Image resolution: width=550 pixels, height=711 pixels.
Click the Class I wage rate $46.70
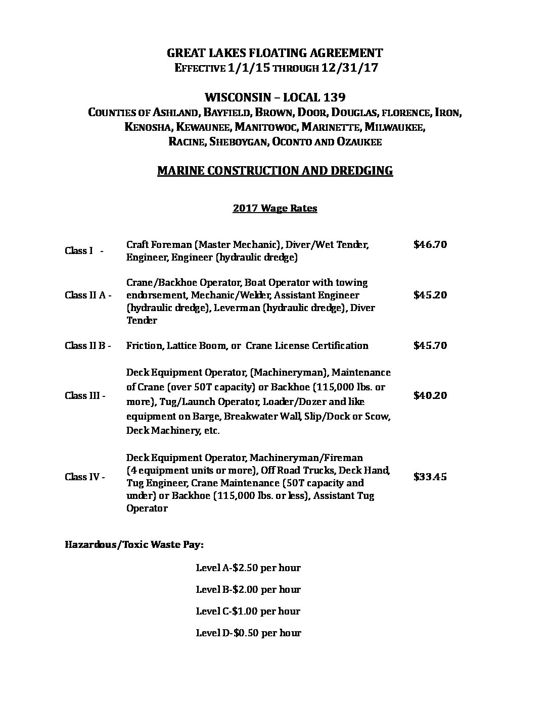pyautogui.click(x=430, y=245)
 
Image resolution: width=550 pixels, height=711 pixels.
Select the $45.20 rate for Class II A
pyautogui.click(x=430, y=295)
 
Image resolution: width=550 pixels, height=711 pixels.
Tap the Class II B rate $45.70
pyautogui.click(x=430, y=345)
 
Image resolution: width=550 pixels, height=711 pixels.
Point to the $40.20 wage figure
pyautogui.click(x=430, y=395)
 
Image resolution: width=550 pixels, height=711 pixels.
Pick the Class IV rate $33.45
pyautogui.click(x=430, y=477)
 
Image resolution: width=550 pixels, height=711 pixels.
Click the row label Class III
pyautogui.click(x=85, y=396)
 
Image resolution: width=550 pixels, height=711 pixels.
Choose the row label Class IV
pyautogui.click(x=85, y=477)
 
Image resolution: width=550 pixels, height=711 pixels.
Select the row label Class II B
pyautogui.click(x=87, y=346)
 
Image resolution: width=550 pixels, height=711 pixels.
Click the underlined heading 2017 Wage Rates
pyautogui.click(x=274, y=208)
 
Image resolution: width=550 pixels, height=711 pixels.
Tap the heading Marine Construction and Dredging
pyautogui.click(x=274, y=171)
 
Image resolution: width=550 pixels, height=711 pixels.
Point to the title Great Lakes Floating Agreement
pyautogui.click(x=274, y=53)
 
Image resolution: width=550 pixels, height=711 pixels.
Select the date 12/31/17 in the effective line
pyautogui.click(x=349, y=69)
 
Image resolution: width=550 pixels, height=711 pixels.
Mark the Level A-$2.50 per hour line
pyautogui.click(x=248, y=568)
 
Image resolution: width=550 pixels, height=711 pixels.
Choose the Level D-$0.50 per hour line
pyautogui.click(x=248, y=633)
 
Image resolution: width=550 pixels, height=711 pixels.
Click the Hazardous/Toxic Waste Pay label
pyautogui.click(x=134, y=545)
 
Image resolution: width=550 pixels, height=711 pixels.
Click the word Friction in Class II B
pyautogui.click(x=143, y=346)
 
